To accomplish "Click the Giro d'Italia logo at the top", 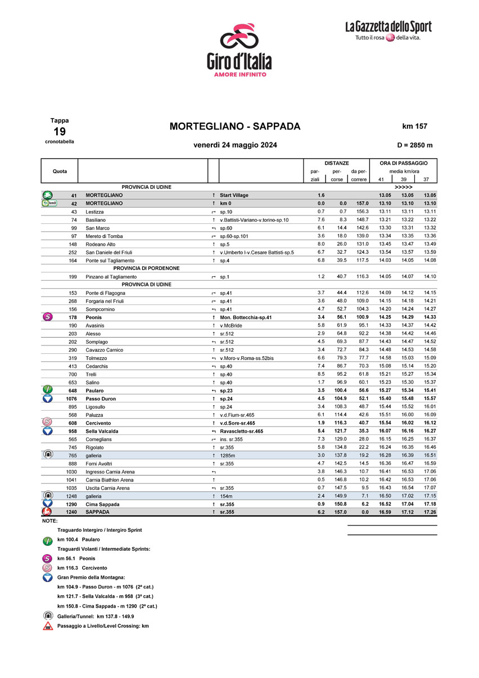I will pyautogui.click(x=238, y=51).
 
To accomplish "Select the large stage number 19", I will pyautogui.click(x=60, y=132).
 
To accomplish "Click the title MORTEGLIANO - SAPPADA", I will pyautogui.click(x=235, y=127).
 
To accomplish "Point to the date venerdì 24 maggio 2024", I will pyautogui.click(x=235, y=145).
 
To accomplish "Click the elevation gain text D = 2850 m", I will pyautogui.click(x=414, y=145).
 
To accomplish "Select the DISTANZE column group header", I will pyautogui.click(x=337, y=163).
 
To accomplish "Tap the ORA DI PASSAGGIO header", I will pyautogui.click(x=403, y=163).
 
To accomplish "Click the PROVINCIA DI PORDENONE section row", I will pyautogui.click(x=146, y=268).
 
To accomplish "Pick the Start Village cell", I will pyautogui.click(x=234, y=195).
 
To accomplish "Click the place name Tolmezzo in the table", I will pyautogui.click(x=96, y=358).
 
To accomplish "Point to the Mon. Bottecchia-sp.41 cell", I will pyautogui.click(x=246, y=317).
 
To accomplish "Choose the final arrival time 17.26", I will pyautogui.click(x=430, y=512).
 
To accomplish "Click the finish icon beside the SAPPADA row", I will pyautogui.click(x=48, y=512).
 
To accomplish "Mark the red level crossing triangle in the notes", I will pyautogui.click(x=48, y=626).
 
